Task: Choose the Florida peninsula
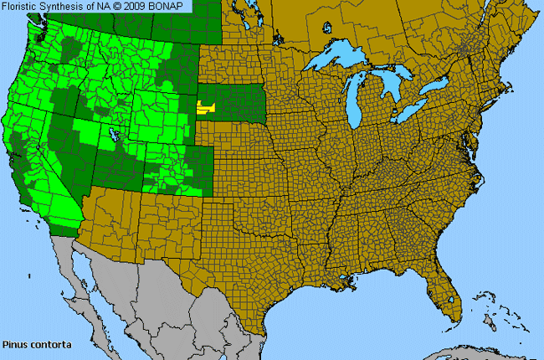coord(444,297)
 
